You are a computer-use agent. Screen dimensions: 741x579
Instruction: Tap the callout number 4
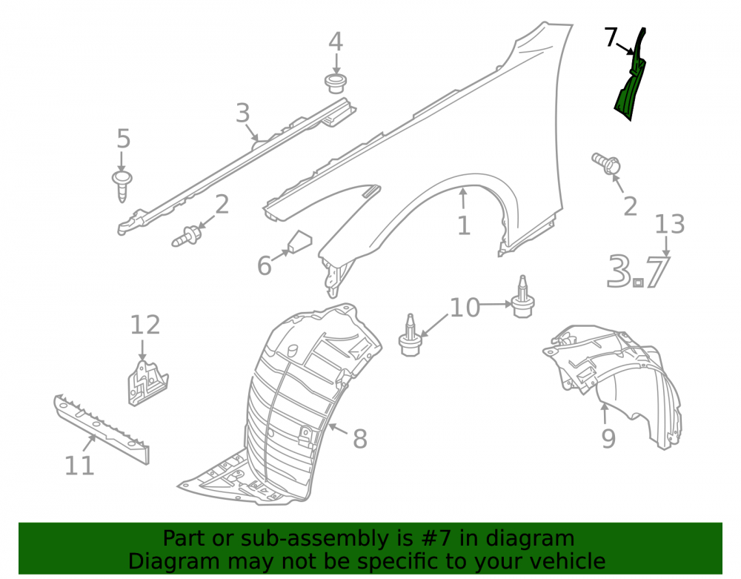336,42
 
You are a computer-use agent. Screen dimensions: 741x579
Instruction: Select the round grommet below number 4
336,83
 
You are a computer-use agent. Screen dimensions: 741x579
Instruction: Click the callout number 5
123,139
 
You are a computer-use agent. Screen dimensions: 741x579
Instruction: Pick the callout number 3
243,113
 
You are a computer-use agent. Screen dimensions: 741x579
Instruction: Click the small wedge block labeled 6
299,242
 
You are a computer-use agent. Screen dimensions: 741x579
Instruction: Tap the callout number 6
265,265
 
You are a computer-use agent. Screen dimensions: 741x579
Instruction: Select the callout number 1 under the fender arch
464,225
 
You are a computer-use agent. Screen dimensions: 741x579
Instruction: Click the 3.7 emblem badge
639,271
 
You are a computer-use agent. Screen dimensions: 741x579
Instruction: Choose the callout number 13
670,224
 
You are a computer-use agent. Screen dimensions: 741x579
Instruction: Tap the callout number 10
465,308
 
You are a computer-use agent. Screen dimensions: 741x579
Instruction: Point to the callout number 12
145,325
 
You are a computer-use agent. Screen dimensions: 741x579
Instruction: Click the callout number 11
79,466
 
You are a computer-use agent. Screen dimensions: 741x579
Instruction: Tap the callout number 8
360,439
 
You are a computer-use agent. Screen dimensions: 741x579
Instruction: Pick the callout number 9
608,439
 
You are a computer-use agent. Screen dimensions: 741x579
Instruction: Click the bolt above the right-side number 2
606,163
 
